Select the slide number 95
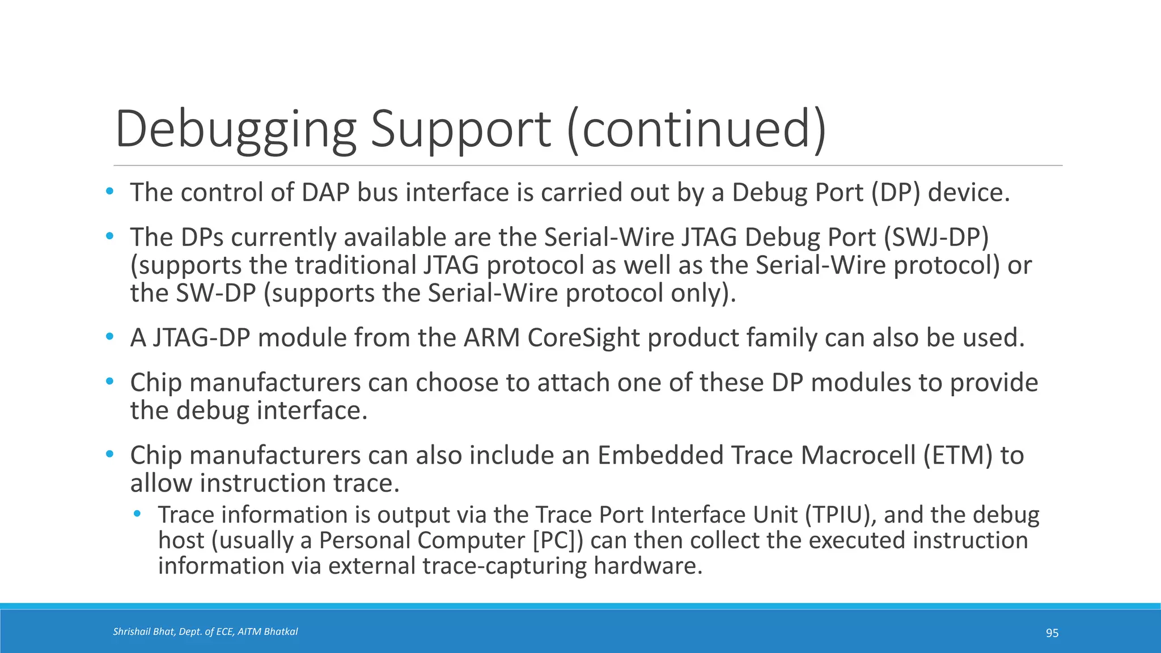tap(1052, 633)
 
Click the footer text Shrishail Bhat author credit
tap(205, 631)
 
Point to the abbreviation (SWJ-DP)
tap(936, 237)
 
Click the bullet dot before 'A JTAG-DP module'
tap(110, 337)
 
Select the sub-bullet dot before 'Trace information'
tap(137, 514)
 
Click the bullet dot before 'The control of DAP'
tap(110, 192)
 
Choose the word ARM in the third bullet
tap(491, 338)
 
